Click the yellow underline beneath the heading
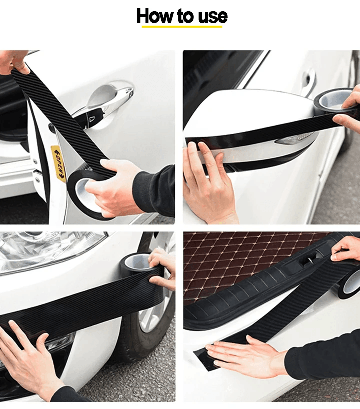pos(182,26)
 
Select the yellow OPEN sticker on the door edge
pos(58,163)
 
